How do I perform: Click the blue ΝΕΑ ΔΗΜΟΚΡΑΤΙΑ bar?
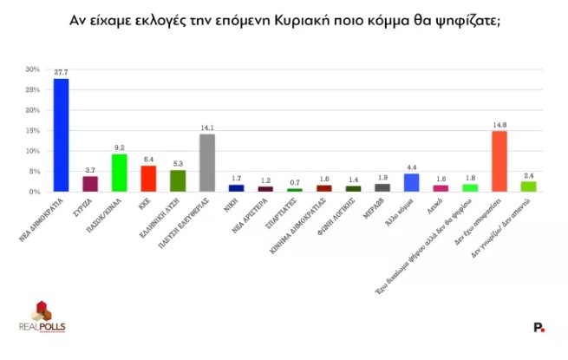(x=61, y=135)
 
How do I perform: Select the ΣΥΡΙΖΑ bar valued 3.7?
(x=90, y=183)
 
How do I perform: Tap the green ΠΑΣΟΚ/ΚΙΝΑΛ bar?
(x=120, y=173)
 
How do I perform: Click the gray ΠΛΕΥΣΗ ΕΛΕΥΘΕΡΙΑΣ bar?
(x=206, y=163)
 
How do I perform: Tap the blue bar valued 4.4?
(x=411, y=182)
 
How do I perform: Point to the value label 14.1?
(x=206, y=128)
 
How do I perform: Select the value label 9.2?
(x=120, y=147)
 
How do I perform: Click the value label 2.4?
(x=528, y=175)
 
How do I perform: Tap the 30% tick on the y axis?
(x=32, y=69)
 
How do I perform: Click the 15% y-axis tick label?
(x=32, y=130)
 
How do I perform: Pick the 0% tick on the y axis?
(x=34, y=192)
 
